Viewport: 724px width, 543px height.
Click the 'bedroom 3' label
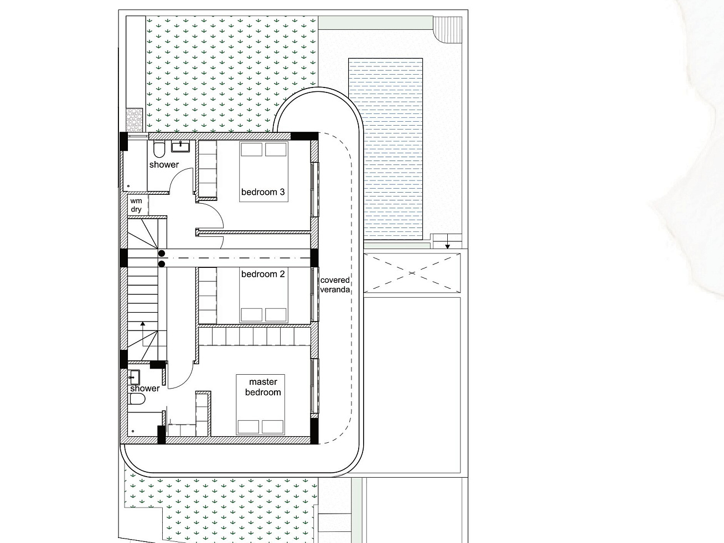(x=263, y=192)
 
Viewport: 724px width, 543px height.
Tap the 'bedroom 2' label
(x=263, y=274)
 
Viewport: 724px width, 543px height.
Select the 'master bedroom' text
(x=263, y=387)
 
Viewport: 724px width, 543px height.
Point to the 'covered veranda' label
(x=335, y=285)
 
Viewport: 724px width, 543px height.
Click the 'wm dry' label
(x=136, y=205)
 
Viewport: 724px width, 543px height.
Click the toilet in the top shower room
(x=159, y=149)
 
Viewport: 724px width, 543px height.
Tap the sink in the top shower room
(x=180, y=146)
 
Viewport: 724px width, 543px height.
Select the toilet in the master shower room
(x=137, y=399)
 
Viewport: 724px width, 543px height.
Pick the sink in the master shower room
(x=133, y=377)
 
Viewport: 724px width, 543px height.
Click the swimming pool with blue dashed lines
(x=385, y=149)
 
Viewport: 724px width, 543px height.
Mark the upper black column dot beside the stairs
(x=162, y=254)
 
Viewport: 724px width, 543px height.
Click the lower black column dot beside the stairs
(x=162, y=264)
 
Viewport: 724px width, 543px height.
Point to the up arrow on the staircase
(x=143, y=333)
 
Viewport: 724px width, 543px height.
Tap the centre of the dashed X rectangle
(x=412, y=273)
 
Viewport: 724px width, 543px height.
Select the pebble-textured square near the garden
(x=135, y=120)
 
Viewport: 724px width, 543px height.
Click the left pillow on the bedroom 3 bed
(x=251, y=149)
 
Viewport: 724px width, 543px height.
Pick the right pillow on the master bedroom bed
(x=272, y=427)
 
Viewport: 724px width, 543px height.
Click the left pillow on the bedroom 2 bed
(x=251, y=315)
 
